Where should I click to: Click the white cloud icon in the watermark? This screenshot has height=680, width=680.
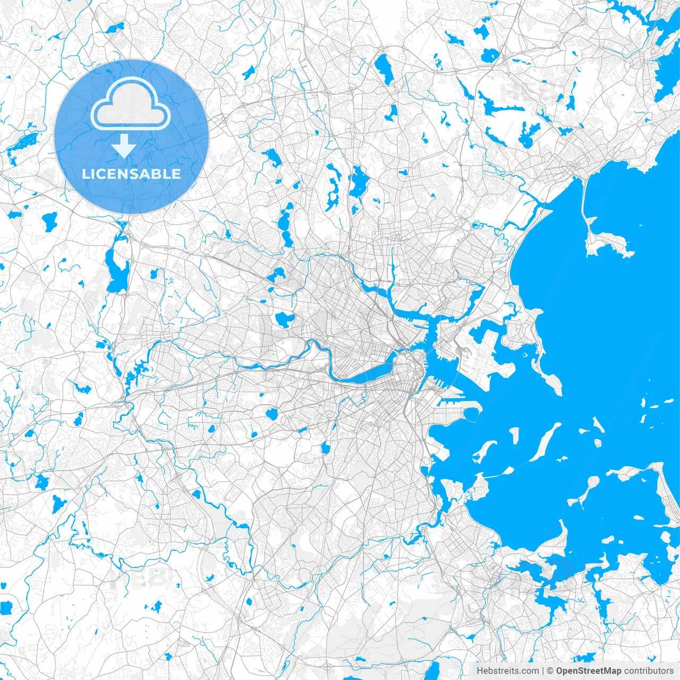pyautogui.click(x=131, y=104)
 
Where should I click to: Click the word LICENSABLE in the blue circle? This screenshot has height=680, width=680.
pyautogui.click(x=131, y=174)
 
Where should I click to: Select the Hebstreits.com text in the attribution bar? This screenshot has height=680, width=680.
pyautogui.click(x=507, y=671)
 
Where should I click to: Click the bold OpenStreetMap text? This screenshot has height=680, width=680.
pyautogui.click(x=589, y=671)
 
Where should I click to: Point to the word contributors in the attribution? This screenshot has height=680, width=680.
pyautogui.click(x=649, y=671)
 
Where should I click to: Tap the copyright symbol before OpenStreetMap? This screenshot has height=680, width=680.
pyautogui.click(x=550, y=671)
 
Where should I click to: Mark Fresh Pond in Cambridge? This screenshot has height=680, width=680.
pyautogui.click(x=285, y=319)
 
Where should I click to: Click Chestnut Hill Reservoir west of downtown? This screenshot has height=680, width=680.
pyautogui.click(x=272, y=413)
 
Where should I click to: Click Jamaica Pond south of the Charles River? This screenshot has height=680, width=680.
pyautogui.click(x=325, y=448)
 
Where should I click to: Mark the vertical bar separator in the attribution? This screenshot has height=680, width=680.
pyautogui.click(x=543, y=671)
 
